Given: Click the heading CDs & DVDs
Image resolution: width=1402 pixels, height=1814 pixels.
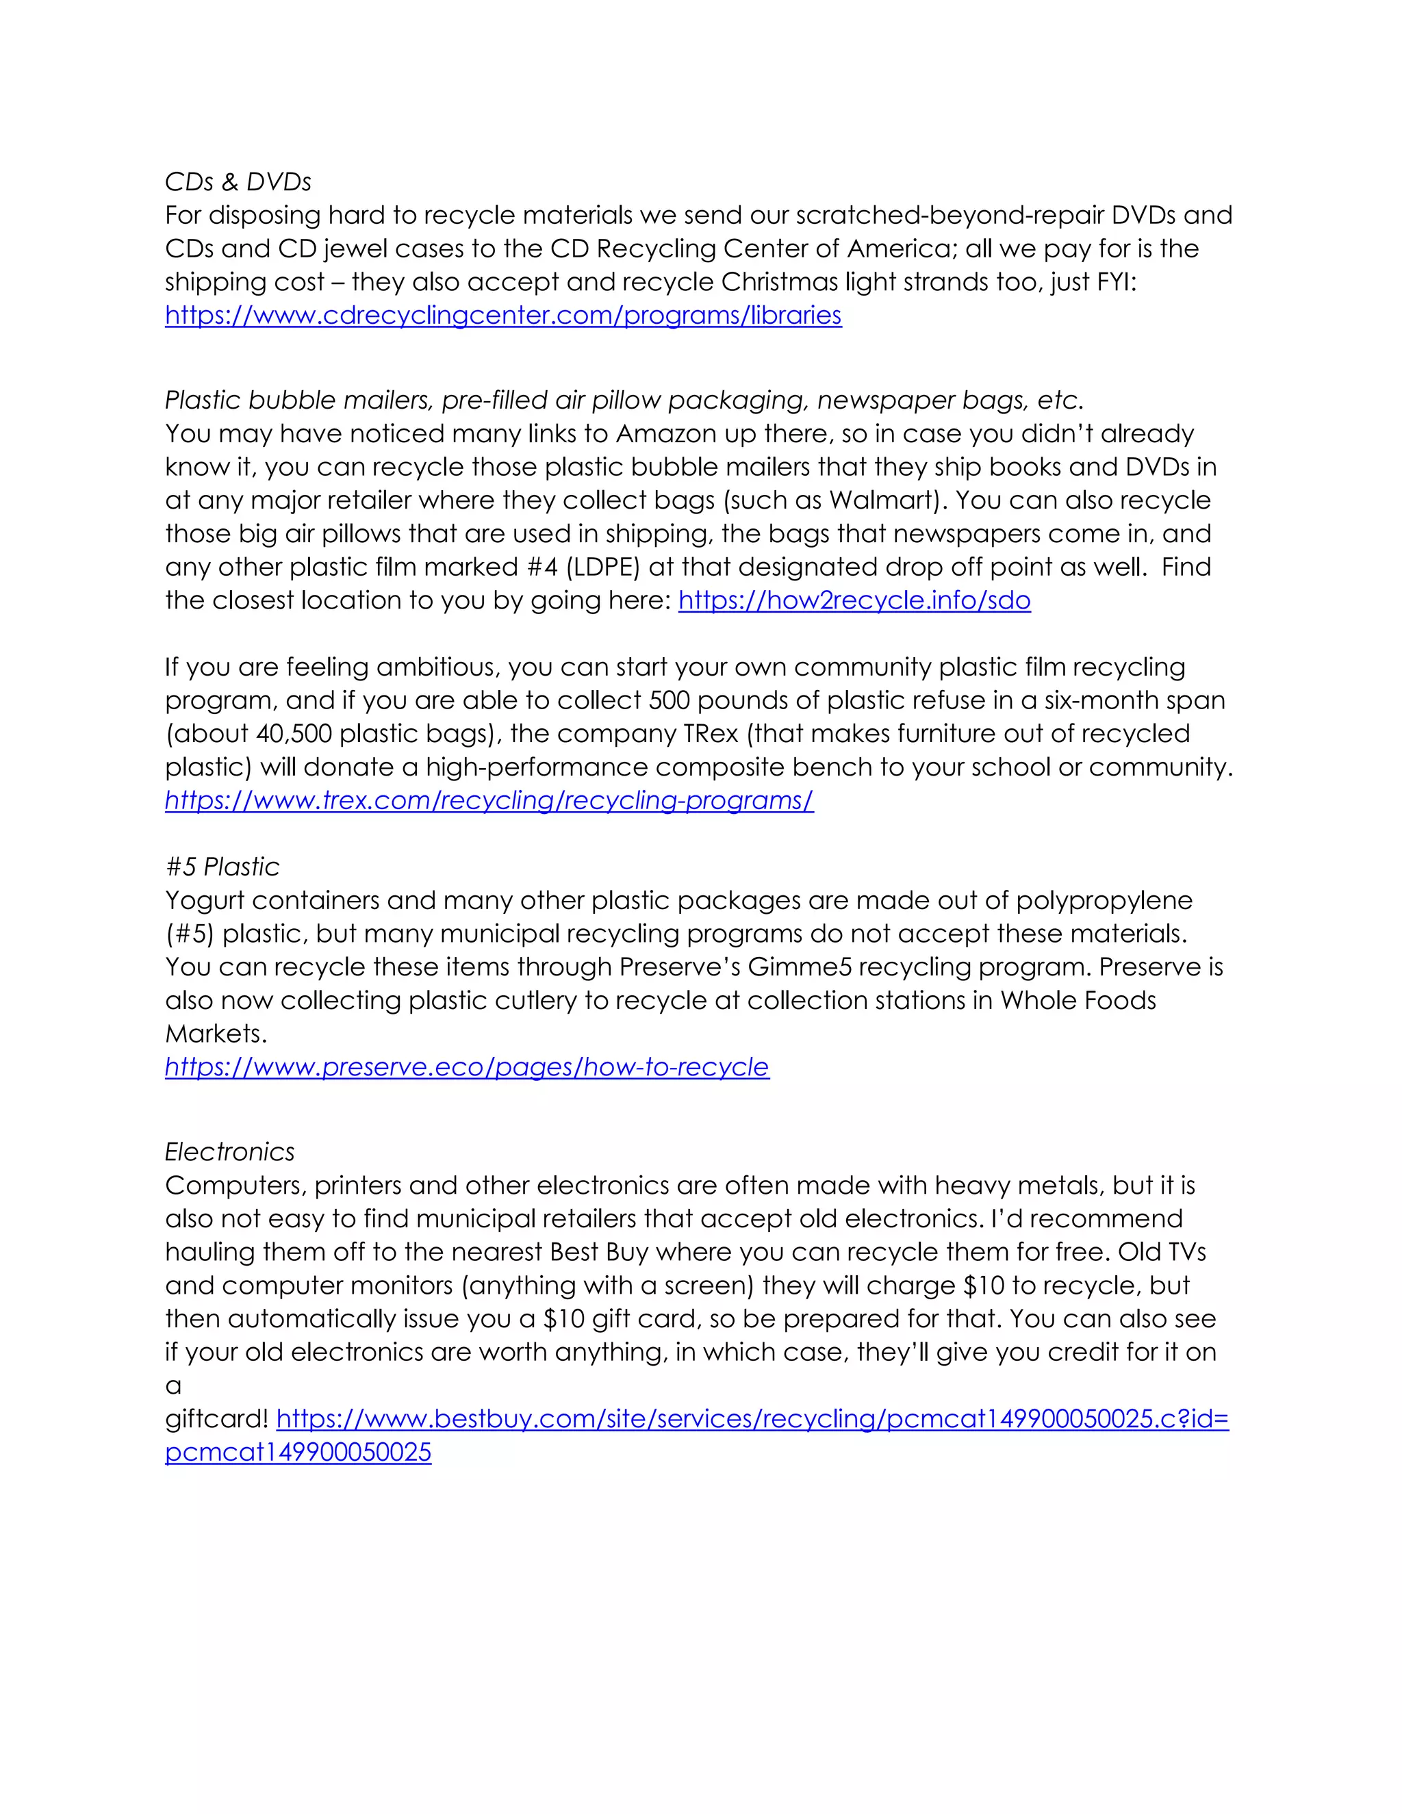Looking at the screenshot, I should coord(238,182).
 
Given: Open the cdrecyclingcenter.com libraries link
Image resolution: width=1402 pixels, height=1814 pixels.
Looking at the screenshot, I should coord(502,316).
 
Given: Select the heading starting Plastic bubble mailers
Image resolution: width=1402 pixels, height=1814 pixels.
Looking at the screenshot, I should coord(623,400).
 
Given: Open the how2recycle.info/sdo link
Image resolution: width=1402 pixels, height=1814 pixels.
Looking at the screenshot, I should coord(854,600).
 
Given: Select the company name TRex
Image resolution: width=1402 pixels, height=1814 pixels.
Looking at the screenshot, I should coord(710,733).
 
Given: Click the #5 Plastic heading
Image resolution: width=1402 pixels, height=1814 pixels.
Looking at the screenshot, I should coord(222,867).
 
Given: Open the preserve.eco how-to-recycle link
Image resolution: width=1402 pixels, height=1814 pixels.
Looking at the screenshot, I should coord(467,1067).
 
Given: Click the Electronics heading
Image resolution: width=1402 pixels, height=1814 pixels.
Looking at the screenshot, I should coord(229,1152).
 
